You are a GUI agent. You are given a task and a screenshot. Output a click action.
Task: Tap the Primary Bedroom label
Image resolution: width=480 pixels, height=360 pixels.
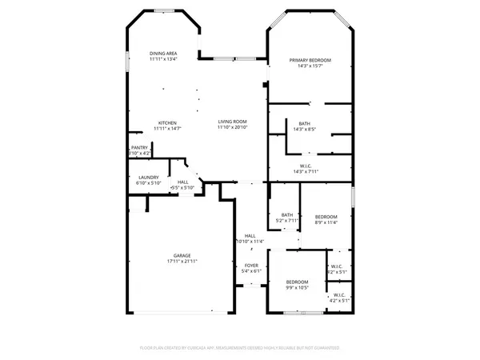[310, 61]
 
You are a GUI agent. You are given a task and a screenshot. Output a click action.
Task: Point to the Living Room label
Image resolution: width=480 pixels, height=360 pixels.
[233, 122]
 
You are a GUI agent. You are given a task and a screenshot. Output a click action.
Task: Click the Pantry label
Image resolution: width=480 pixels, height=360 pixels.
[139, 147]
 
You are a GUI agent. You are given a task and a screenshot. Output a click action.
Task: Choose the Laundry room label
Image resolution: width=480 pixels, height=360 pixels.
[149, 178]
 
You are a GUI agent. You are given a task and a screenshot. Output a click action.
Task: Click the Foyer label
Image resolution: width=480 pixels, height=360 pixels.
[251, 266]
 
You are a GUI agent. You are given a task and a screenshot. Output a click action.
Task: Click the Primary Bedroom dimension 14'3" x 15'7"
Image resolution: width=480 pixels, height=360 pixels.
[310, 67]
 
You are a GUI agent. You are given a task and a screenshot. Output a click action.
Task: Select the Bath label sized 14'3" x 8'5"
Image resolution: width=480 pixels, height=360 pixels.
[305, 122]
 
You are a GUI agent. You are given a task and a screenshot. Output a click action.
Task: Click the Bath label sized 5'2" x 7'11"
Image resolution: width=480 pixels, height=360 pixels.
[286, 214]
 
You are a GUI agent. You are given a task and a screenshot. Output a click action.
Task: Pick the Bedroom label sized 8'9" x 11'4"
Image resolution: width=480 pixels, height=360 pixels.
[326, 217]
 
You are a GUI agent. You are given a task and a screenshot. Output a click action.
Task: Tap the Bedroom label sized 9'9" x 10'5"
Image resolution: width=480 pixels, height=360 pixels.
[298, 282]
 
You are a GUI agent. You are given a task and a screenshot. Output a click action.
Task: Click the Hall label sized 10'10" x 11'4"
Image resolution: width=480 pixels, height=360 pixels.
[250, 235]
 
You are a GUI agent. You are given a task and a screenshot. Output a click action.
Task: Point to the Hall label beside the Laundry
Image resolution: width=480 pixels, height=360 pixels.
[183, 182]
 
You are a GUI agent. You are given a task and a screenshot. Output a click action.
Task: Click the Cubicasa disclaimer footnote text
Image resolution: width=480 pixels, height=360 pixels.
[240, 348]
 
